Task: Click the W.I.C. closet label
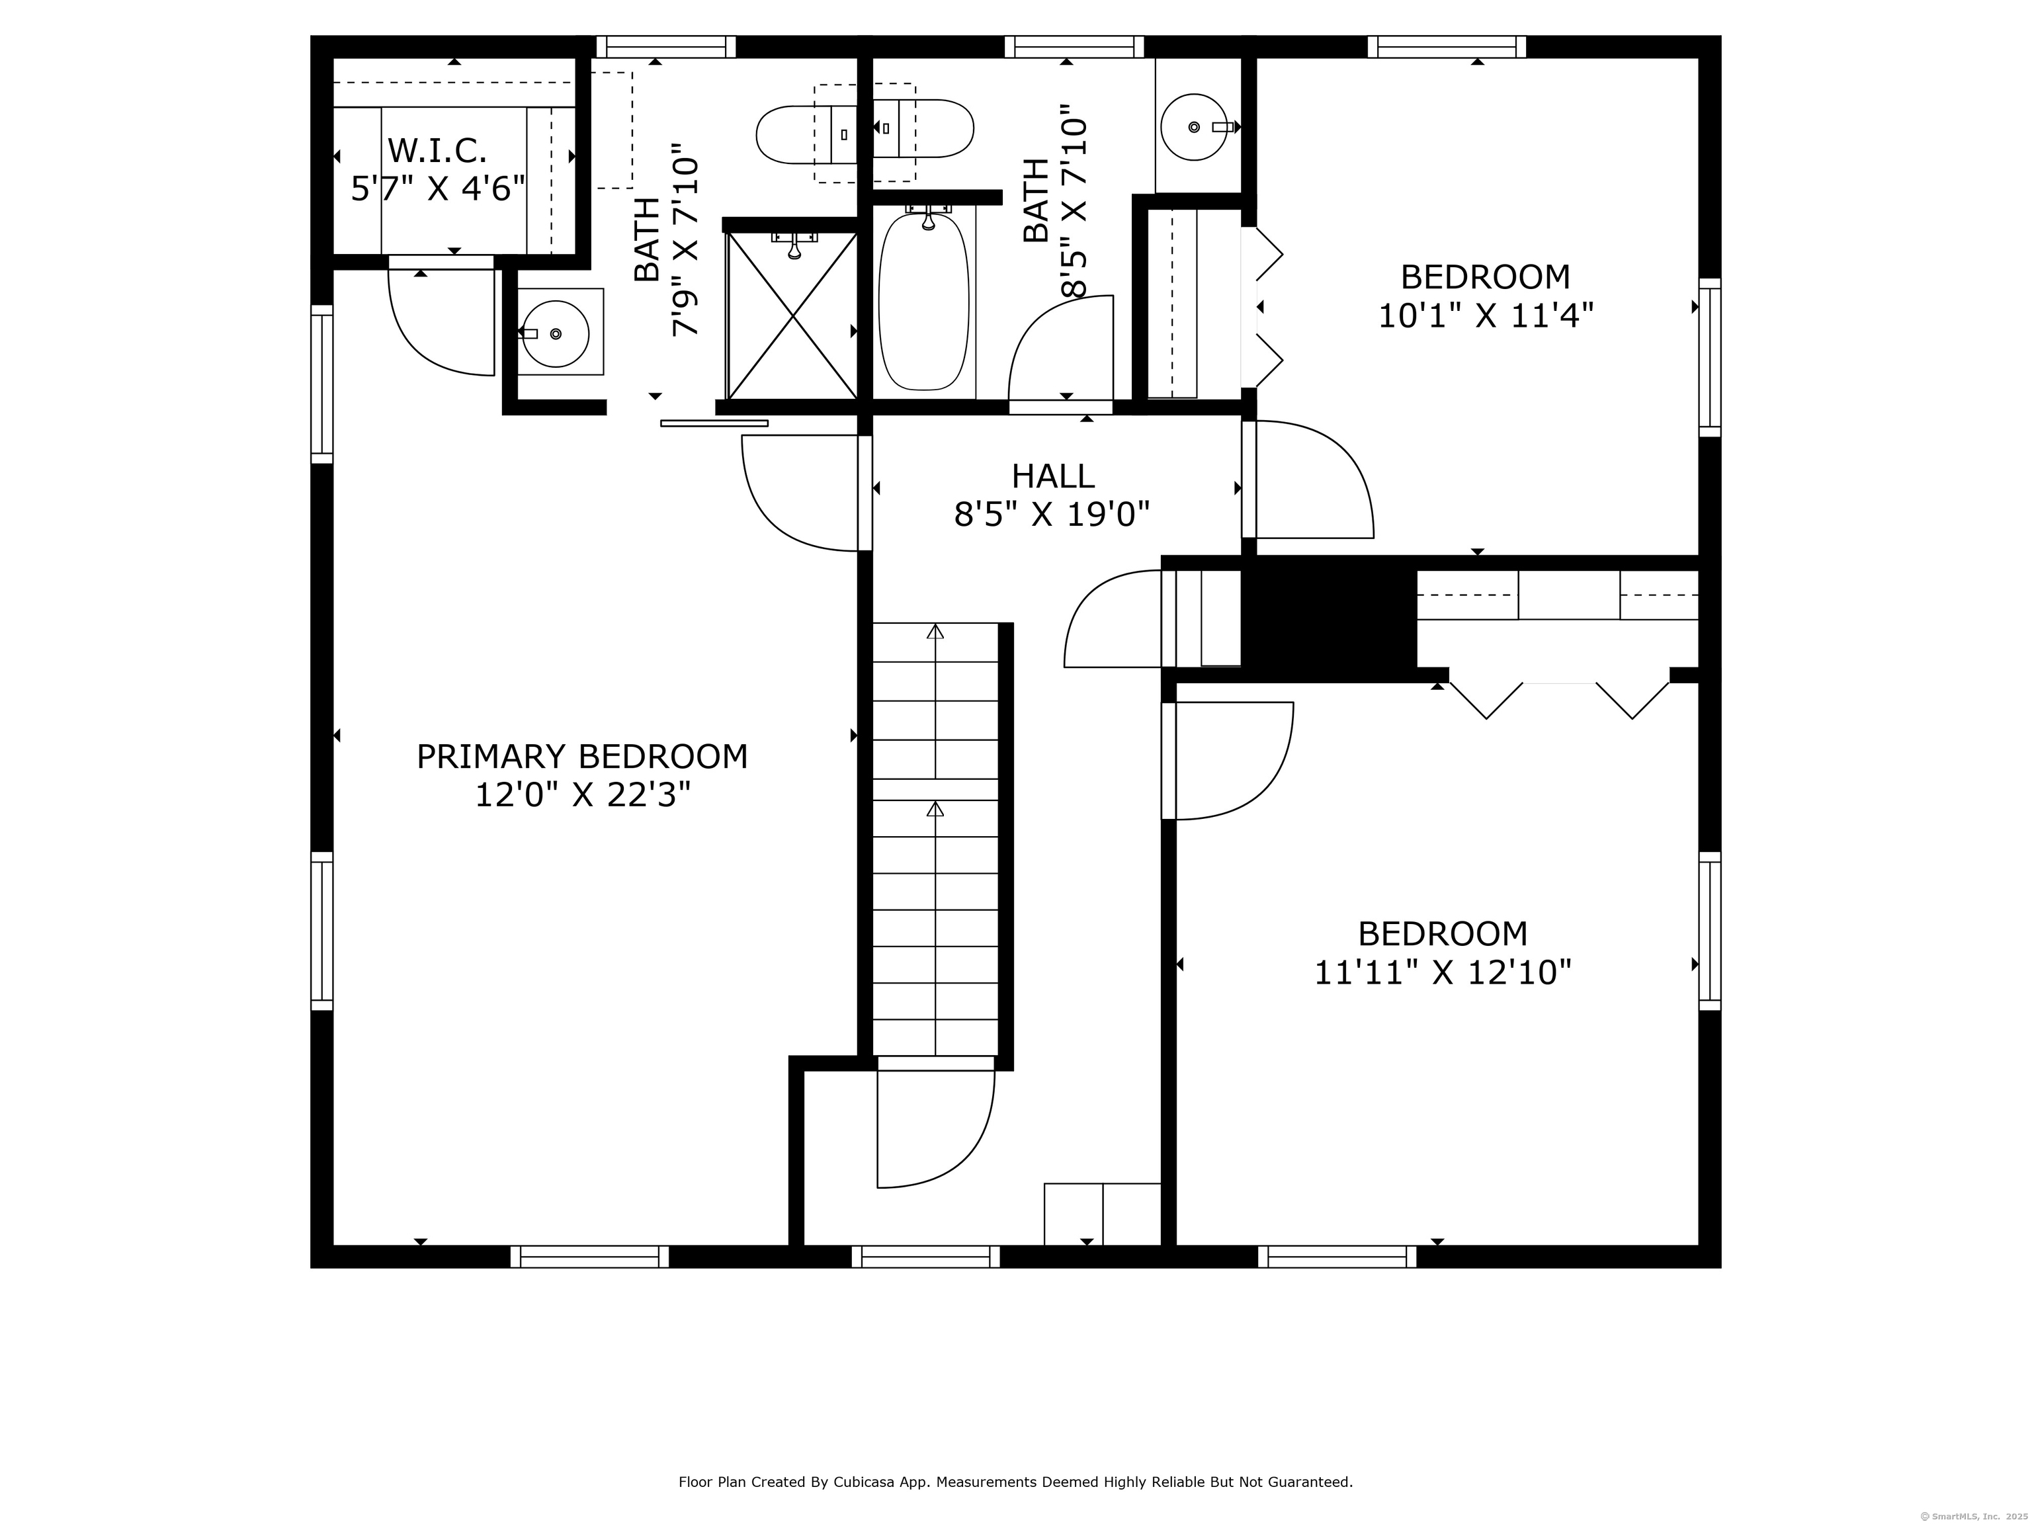[x=437, y=149]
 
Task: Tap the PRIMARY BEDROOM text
[x=582, y=756]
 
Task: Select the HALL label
[x=1053, y=476]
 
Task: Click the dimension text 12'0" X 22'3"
[x=582, y=794]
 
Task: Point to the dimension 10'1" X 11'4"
[x=1486, y=315]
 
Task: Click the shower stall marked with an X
[x=792, y=314]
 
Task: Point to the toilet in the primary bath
[x=806, y=134]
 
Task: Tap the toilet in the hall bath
[x=922, y=128]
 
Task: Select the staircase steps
[x=935, y=839]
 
